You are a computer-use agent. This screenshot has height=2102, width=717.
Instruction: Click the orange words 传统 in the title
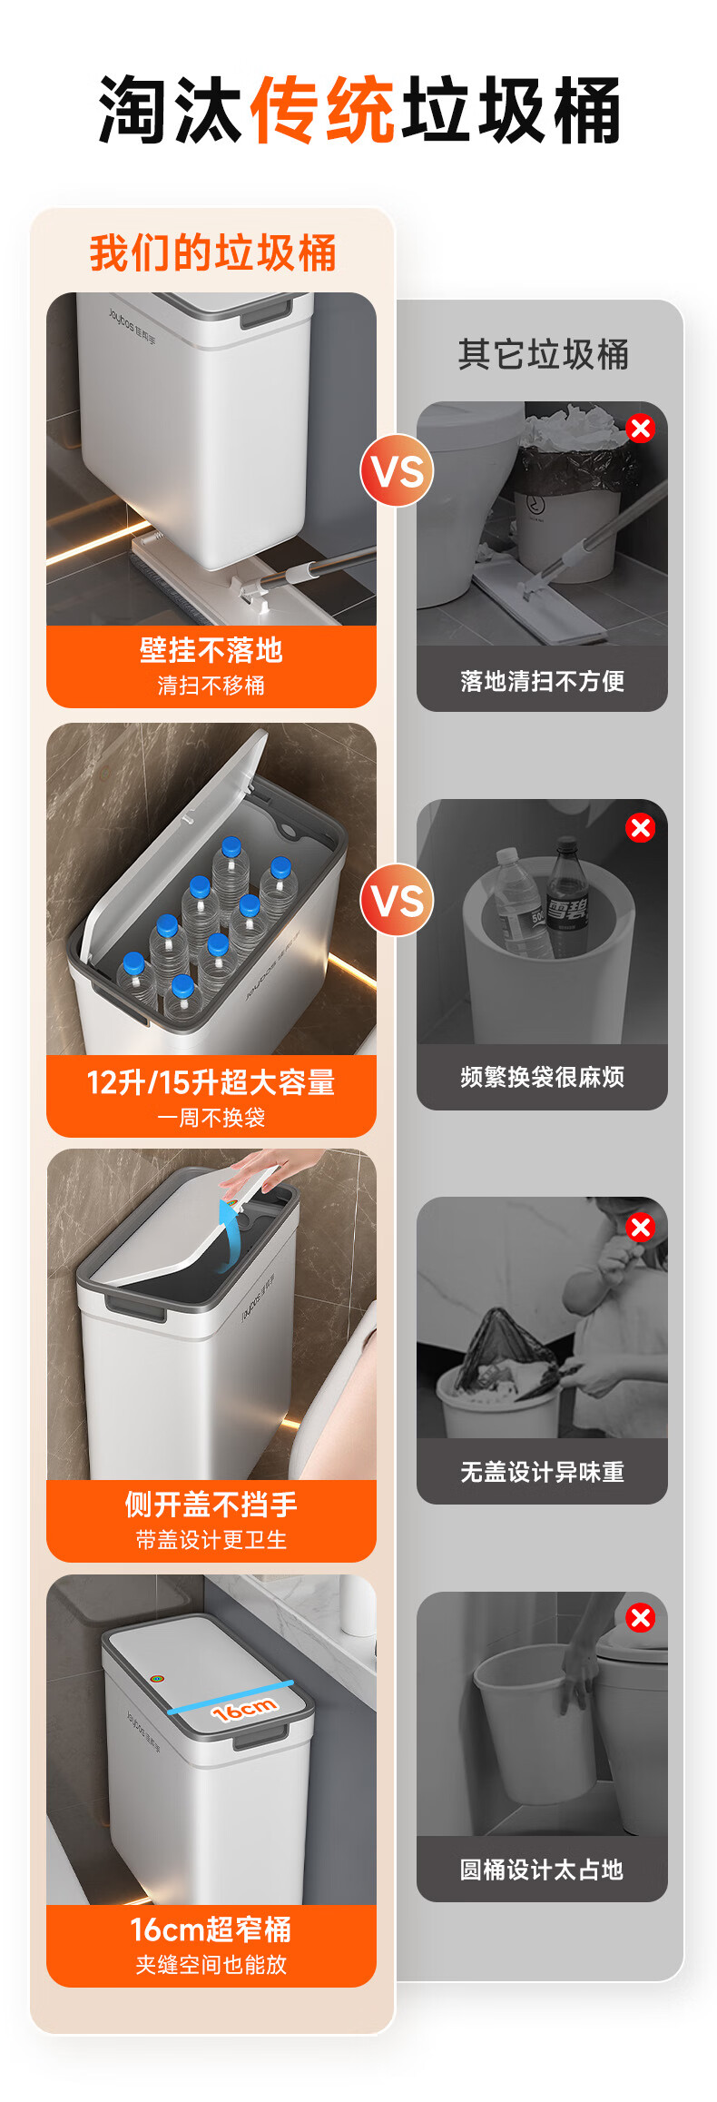321,110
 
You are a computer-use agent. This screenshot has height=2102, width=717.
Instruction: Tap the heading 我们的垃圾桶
212,252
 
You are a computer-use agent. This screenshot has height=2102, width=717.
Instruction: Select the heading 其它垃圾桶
543,354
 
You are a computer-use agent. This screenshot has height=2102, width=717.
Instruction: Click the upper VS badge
397,471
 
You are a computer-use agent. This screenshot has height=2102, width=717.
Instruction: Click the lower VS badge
397,901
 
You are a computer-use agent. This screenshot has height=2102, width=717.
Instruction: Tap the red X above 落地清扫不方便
641,428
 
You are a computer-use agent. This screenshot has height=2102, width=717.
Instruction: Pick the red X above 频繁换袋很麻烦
641,827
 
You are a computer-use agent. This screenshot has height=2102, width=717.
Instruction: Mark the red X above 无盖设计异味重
641,1227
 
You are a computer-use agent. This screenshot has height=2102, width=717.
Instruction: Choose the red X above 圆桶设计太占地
641,1617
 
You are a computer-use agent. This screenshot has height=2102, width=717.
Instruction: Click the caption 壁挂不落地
211,650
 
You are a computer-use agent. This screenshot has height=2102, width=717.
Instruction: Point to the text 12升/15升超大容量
211,1082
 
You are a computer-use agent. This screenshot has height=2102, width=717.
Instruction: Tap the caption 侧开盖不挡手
211,1505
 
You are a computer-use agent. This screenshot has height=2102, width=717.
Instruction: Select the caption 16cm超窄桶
211,1929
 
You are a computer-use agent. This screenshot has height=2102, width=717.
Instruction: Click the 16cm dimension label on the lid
243,1710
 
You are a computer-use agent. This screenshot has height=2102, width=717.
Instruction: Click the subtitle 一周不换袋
211,1118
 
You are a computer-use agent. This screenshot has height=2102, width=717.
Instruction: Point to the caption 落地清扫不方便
542,681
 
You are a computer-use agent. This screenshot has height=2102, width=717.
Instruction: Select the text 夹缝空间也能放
211,1965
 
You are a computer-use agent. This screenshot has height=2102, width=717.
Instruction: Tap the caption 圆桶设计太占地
542,1870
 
